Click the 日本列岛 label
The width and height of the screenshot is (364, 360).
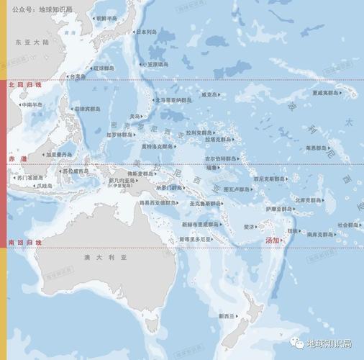pos(147,32)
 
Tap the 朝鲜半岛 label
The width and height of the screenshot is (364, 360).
pos(106,18)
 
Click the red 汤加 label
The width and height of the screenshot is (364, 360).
pos(273,240)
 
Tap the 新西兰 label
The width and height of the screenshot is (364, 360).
pos(227,315)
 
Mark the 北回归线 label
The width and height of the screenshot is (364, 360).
pos(25,85)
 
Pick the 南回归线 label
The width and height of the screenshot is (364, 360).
pos(25,243)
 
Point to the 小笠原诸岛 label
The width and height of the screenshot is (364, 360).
pos(154,63)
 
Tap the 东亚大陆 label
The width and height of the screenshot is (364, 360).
pos(32,43)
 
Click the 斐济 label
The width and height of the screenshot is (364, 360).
pos(249,227)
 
